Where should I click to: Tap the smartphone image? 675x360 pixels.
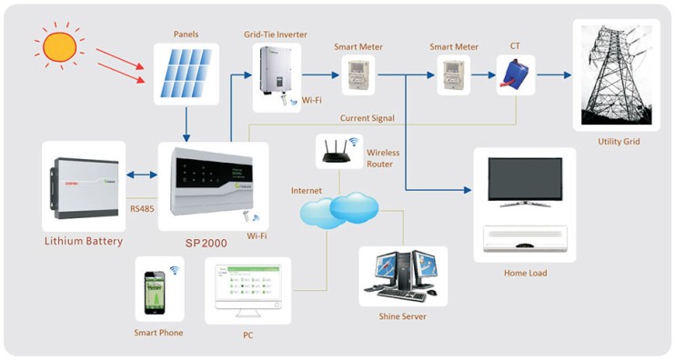pyautogui.click(x=159, y=289)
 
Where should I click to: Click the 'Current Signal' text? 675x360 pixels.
pyautogui.click(x=368, y=118)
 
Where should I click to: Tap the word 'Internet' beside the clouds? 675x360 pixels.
pyautogui.click(x=307, y=191)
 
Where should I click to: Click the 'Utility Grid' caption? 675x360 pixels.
pyautogui.click(x=619, y=142)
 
